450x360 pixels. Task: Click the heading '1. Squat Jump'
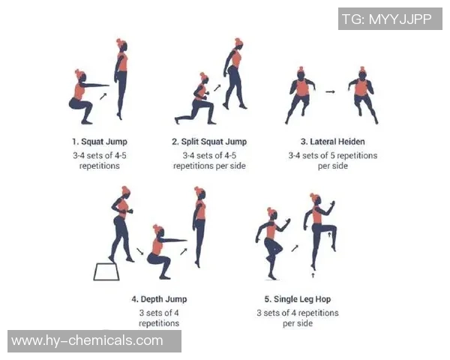click(x=100, y=142)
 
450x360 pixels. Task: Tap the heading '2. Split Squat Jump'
click(x=209, y=142)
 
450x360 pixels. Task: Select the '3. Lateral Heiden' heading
click(x=332, y=142)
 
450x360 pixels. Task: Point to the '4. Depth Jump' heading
click(x=159, y=299)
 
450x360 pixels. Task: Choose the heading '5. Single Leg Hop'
click(x=298, y=299)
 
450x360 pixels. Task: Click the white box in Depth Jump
click(x=106, y=271)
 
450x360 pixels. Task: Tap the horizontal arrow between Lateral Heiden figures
click(x=330, y=91)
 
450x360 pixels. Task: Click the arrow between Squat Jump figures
click(x=103, y=96)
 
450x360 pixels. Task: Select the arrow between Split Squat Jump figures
click(x=217, y=88)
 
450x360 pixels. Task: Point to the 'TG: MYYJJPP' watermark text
click(x=387, y=19)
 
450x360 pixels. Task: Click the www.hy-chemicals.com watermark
click(x=87, y=340)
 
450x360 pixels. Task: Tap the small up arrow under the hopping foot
click(x=313, y=275)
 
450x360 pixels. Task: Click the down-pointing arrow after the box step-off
click(x=140, y=251)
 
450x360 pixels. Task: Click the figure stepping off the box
click(x=122, y=224)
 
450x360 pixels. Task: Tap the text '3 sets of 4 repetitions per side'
click(x=298, y=318)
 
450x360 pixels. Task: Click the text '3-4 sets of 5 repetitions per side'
click(x=332, y=160)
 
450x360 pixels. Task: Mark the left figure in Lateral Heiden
click(x=300, y=95)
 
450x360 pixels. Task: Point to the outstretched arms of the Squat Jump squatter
click(x=94, y=85)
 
